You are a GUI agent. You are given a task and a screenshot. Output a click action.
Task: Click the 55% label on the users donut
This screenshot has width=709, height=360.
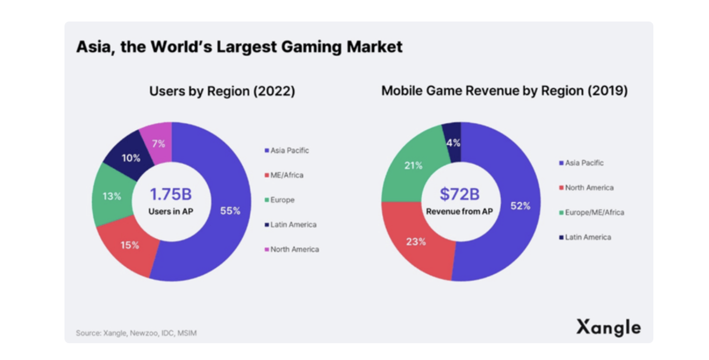click(x=230, y=211)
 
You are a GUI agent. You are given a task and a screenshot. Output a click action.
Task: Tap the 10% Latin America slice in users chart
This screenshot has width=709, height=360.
click(x=131, y=158)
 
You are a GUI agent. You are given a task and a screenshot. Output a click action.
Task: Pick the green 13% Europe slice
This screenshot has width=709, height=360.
click(x=112, y=196)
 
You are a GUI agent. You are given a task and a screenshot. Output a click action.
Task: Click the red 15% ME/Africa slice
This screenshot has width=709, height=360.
click(x=129, y=245)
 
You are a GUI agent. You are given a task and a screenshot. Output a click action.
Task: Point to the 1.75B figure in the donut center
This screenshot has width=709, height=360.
click(x=171, y=194)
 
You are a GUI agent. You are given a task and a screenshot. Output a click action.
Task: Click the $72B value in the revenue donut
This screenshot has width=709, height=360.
click(x=460, y=194)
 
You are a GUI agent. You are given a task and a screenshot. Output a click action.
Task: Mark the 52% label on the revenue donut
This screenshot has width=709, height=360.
click(x=520, y=206)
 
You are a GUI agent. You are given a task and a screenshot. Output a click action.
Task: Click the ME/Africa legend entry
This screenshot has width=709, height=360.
click(x=286, y=175)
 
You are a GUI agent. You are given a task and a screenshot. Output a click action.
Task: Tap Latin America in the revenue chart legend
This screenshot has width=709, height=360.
click(x=587, y=237)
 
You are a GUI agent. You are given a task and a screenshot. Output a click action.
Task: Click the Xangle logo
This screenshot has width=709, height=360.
click(x=608, y=327)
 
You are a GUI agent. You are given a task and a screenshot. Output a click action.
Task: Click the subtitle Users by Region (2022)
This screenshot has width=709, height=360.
click(x=222, y=91)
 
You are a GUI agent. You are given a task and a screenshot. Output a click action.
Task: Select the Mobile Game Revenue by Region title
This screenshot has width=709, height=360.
click(x=504, y=91)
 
